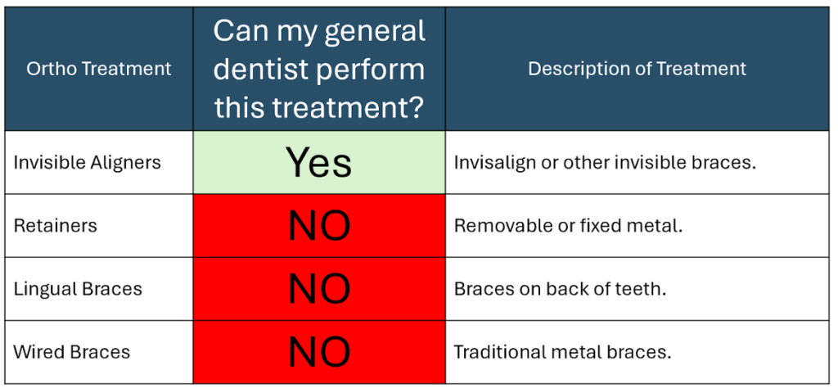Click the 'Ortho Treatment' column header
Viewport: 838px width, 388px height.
click(99, 69)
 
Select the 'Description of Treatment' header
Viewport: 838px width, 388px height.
click(637, 69)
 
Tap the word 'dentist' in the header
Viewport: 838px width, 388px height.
click(259, 70)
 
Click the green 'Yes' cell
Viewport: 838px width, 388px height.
click(319, 162)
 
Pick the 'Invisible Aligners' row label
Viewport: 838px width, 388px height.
click(87, 162)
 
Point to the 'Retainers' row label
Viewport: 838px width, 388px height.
click(55, 226)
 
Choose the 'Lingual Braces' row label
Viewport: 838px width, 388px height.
click(78, 289)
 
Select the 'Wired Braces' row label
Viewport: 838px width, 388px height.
click(72, 352)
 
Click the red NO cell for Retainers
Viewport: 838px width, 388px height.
click(319, 226)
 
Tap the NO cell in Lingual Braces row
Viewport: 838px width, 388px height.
click(319, 289)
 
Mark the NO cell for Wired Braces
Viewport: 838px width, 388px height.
click(319, 352)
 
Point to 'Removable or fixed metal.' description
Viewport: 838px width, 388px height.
click(569, 226)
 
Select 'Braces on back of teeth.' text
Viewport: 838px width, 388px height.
click(560, 289)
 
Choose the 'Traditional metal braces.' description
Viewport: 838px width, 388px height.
click(562, 352)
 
